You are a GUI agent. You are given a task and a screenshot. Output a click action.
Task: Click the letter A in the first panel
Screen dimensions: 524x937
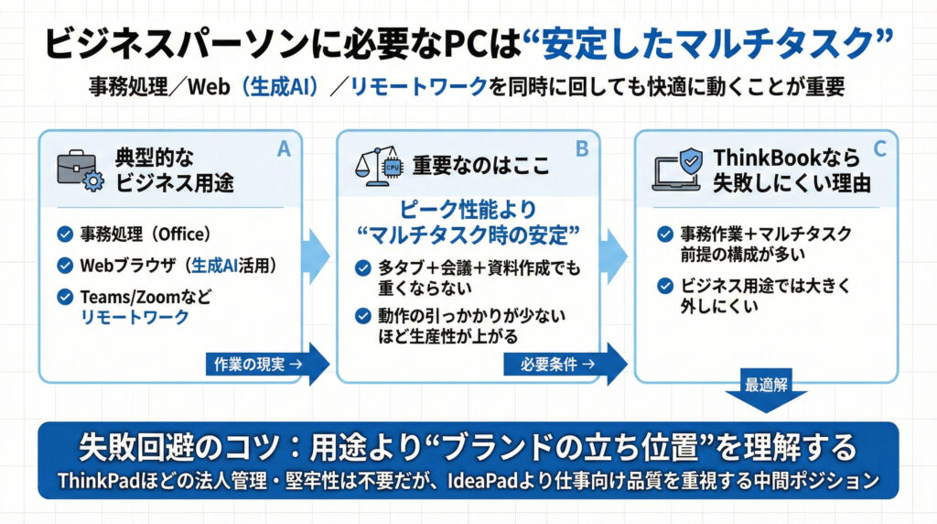click(283, 149)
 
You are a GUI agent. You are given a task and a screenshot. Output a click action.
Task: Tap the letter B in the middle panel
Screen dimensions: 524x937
click(580, 149)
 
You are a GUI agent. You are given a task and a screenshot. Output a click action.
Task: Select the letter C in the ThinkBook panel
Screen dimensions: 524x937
click(878, 149)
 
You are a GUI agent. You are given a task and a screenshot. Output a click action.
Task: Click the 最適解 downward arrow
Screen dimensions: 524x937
click(766, 388)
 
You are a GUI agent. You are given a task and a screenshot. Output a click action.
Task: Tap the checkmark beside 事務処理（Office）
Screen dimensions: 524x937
click(64, 235)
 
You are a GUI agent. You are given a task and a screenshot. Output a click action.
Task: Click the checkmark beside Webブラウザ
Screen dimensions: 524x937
click(64, 266)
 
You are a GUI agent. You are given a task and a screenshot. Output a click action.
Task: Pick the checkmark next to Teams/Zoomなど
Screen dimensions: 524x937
click(64, 297)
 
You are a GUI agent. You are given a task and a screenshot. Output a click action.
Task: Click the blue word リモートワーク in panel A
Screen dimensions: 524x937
click(134, 317)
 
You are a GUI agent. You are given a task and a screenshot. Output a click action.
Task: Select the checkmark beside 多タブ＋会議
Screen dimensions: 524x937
click(362, 267)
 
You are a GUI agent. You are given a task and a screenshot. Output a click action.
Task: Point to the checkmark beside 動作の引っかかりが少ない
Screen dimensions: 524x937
click(362, 316)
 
